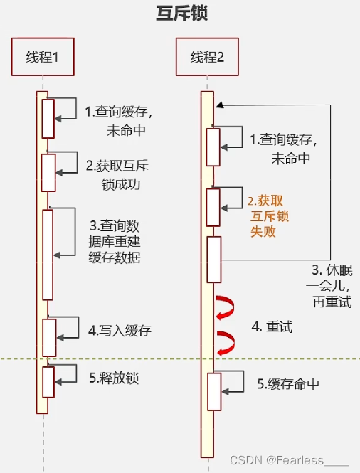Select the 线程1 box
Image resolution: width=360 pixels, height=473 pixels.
click(x=43, y=56)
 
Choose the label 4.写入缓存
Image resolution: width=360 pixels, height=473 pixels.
click(x=120, y=331)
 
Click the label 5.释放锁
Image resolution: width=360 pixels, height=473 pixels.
click(x=114, y=378)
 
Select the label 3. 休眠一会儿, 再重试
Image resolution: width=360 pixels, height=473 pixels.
click(x=332, y=286)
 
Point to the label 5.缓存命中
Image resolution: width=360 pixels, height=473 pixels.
click(x=288, y=384)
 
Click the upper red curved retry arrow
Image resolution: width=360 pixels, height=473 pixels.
click(x=226, y=309)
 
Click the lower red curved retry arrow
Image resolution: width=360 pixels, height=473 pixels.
click(x=226, y=344)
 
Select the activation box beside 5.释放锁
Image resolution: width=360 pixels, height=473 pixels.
click(x=48, y=382)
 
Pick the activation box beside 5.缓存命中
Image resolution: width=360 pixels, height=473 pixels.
click(x=214, y=391)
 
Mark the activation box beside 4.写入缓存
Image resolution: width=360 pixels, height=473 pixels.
click(x=48, y=336)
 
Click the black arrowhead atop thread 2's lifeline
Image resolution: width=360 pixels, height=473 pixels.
click(x=221, y=105)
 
